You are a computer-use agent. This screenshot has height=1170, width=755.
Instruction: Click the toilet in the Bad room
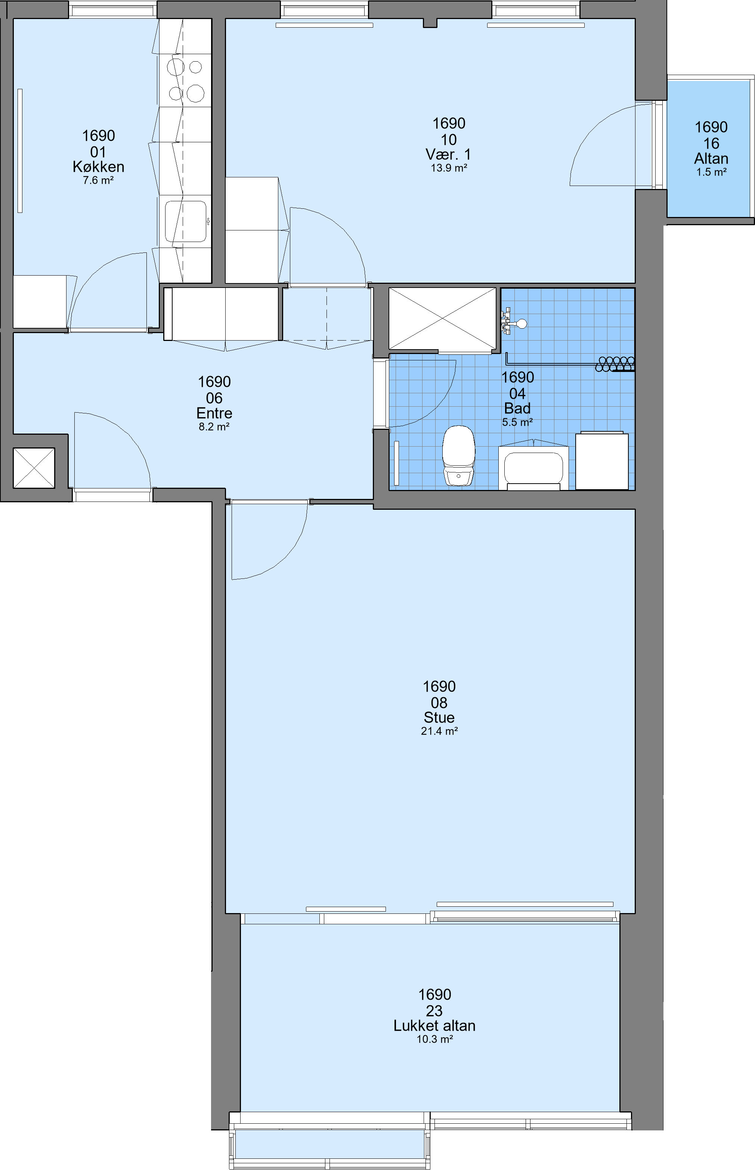coord(458,456)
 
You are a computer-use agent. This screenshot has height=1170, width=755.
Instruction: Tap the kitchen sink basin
coord(185,221)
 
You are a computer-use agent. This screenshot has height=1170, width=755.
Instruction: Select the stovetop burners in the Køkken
coord(185,80)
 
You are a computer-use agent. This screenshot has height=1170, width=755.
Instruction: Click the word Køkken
coord(99,167)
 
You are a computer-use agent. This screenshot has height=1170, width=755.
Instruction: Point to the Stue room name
coord(439,717)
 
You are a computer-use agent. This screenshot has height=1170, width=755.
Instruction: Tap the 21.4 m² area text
coord(439,731)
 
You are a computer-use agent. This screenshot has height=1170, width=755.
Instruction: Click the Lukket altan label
coord(434,1025)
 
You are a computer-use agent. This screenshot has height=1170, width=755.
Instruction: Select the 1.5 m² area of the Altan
coord(711,172)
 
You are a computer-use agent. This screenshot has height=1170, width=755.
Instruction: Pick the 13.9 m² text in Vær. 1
coord(449,168)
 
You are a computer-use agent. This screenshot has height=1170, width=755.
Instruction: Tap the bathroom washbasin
coord(533,465)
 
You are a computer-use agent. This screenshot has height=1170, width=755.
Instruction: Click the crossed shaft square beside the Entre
coord(34,468)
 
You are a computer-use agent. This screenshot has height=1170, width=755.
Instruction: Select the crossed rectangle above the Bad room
coord(442,319)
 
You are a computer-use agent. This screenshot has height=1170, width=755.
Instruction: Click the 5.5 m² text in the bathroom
coord(518,422)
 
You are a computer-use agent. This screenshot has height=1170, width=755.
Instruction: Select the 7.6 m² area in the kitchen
coord(99,180)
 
